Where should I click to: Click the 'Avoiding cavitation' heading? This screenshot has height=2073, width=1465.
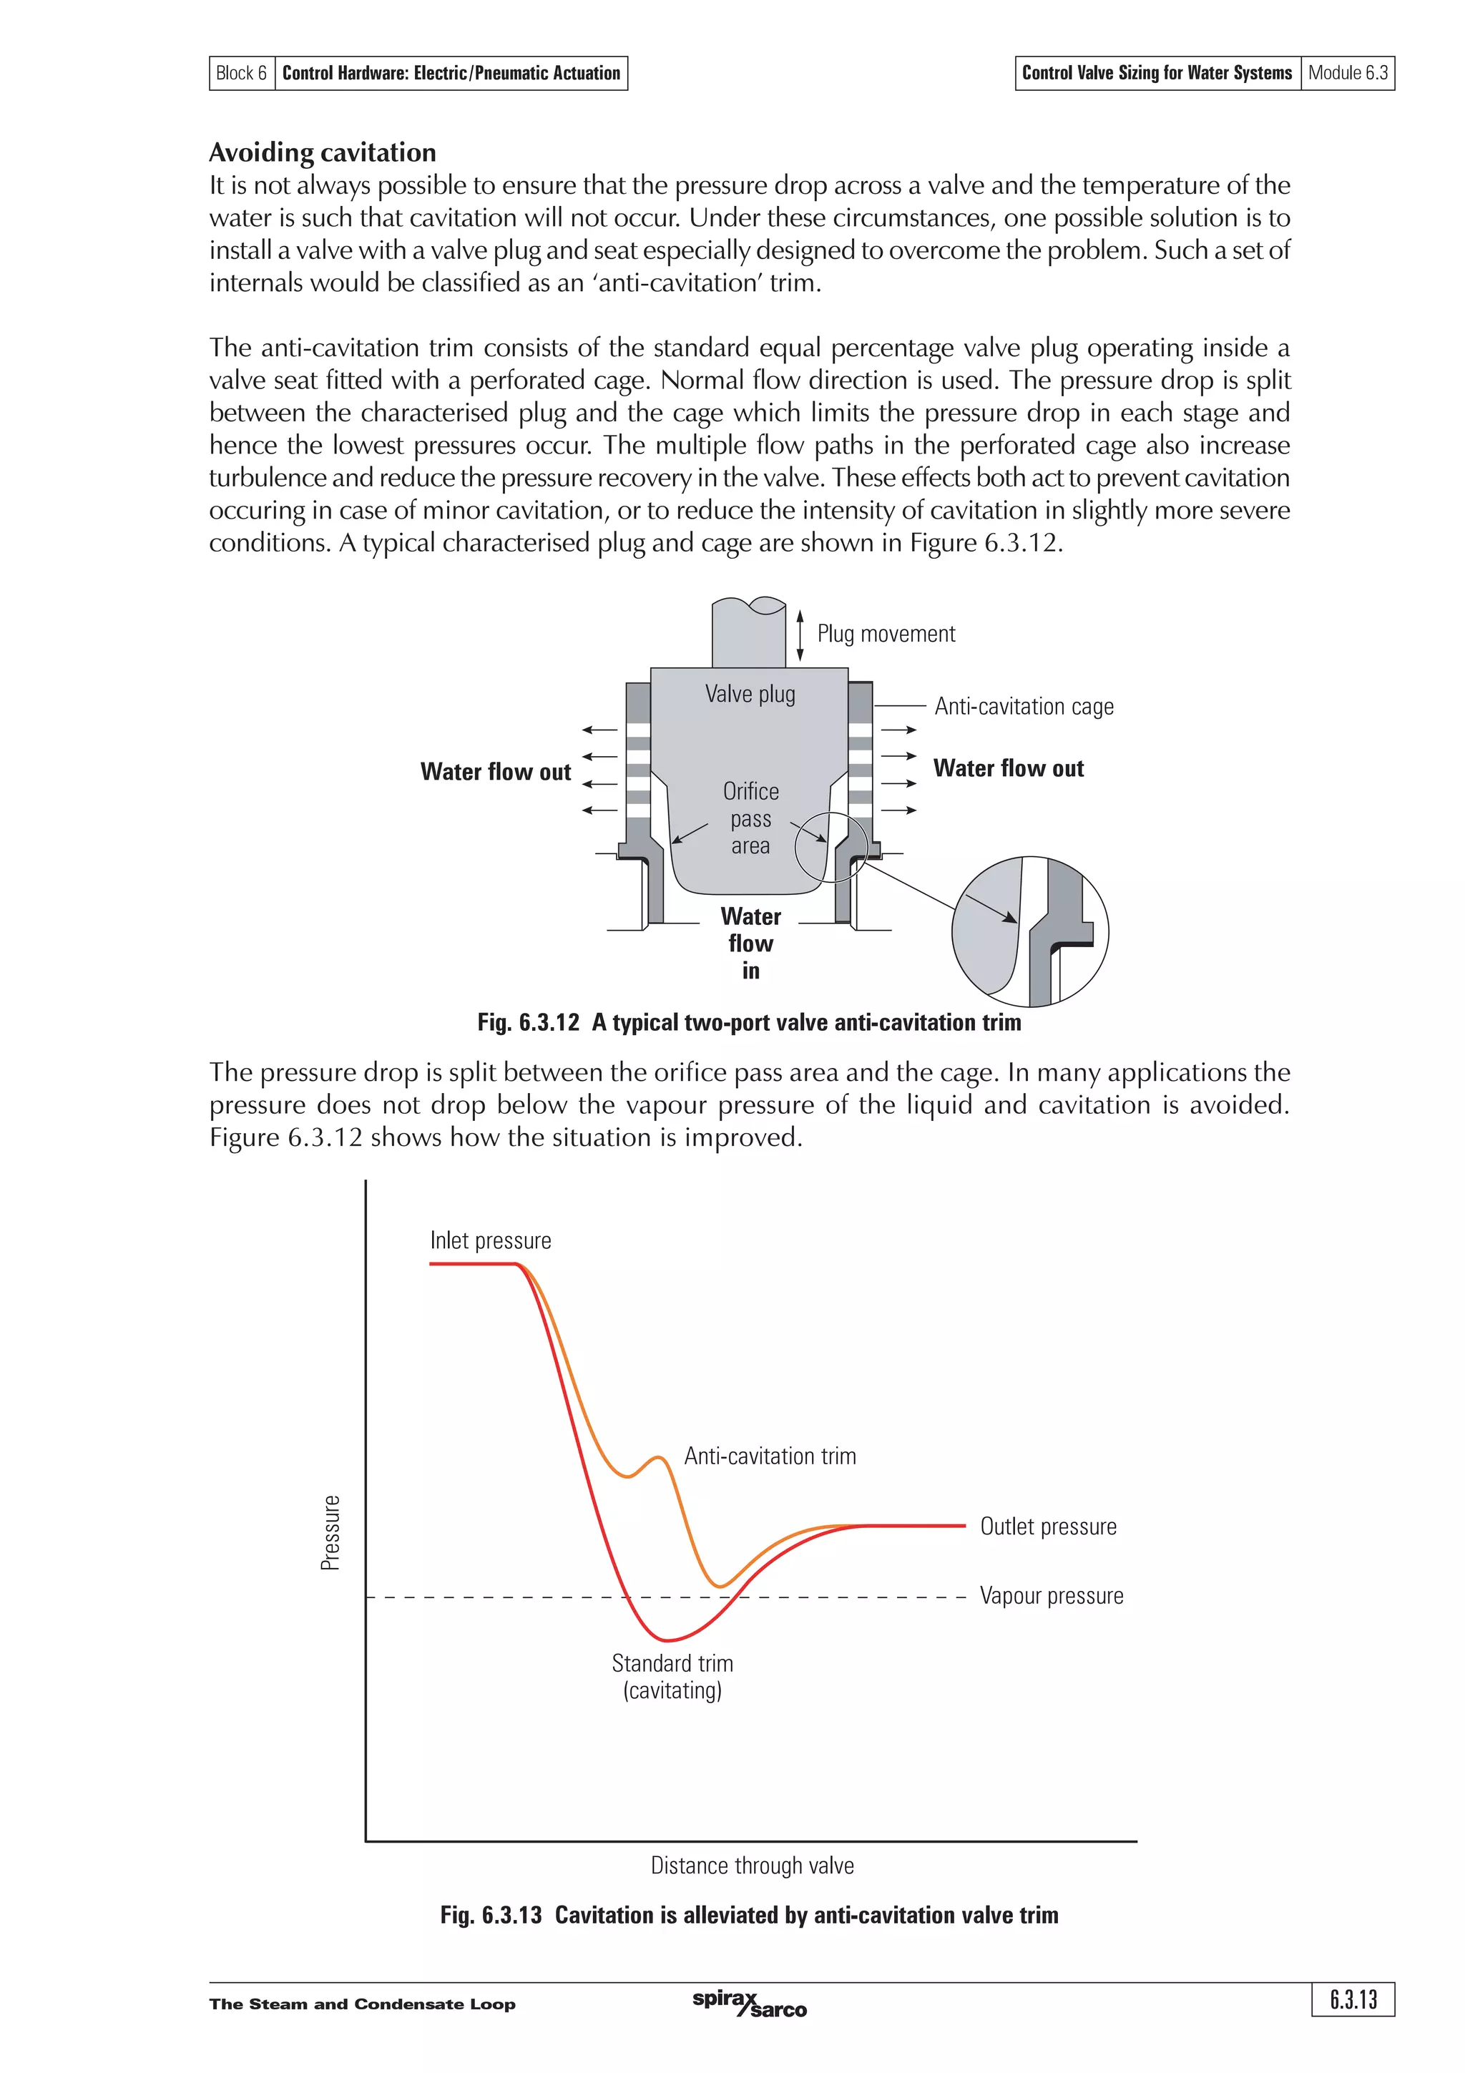(322, 152)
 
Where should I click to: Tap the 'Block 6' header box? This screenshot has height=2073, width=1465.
(241, 73)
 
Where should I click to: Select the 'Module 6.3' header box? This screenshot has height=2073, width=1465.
(1347, 73)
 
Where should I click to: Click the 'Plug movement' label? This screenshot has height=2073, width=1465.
(886, 634)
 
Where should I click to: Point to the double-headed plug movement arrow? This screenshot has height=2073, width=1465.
(800, 634)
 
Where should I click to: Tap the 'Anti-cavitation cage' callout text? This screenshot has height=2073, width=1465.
(1024, 706)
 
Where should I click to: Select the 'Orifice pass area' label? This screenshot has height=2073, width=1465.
(750, 818)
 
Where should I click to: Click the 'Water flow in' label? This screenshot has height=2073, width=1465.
(750, 943)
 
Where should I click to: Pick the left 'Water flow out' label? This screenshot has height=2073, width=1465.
(496, 772)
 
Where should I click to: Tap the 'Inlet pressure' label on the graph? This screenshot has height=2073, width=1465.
(490, 1240)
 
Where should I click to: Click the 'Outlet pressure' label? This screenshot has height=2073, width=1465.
(1048, 1526)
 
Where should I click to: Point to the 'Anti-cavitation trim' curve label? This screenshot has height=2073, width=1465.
(770, 1456)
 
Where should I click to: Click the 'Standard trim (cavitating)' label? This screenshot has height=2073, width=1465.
(672, 1677)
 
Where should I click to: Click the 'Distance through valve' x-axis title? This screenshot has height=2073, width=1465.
(752, 1866)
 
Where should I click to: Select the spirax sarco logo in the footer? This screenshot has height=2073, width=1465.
(749, 2004)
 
